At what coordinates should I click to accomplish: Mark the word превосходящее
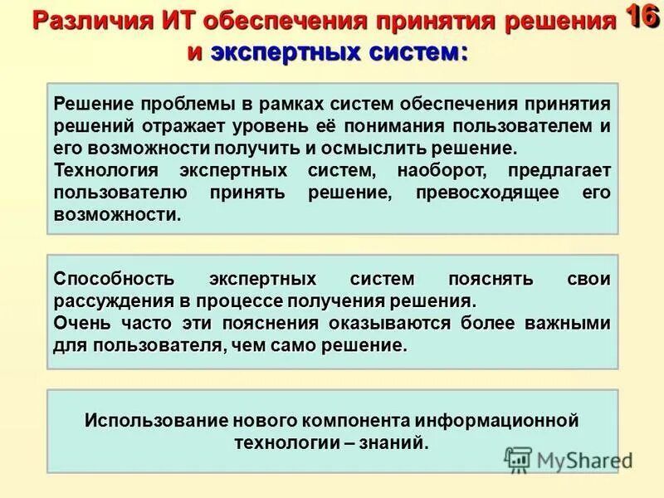486,192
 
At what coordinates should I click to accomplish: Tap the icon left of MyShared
518,459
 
